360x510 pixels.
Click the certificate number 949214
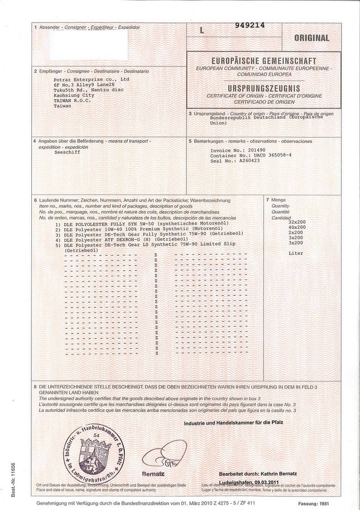(248, 26)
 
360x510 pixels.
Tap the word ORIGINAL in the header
(311, 38)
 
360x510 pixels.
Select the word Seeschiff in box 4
(67, 152)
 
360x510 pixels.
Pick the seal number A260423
(257, 161)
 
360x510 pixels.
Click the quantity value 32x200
(297, 222)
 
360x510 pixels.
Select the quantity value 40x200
(297, 227)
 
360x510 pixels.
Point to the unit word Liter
(296, 253)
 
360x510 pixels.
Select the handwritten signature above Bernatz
(164, 455)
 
